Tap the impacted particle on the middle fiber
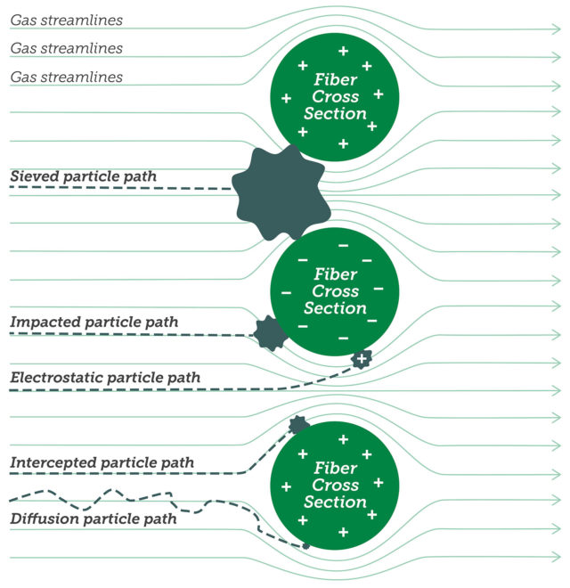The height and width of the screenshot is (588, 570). tap(269, 333)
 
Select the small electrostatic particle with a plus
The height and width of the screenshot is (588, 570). tap(361, 359)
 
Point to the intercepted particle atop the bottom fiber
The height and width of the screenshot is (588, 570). tap(298, 425)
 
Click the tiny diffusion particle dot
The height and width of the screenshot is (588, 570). tap(305, 545)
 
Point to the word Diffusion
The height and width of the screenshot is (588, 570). tap(41, 519)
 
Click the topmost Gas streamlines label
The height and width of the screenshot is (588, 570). tap(66, 20)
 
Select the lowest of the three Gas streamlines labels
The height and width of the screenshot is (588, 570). tap(66, 78)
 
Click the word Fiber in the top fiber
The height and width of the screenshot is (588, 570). tap(335, 79)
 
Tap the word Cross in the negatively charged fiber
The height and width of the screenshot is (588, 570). tap(335, 291)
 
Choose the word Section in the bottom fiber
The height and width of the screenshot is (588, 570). tap(335, 502)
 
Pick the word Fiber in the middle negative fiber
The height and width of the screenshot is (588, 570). tap(335, 274)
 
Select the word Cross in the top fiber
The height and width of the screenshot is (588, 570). tap(335, 96)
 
